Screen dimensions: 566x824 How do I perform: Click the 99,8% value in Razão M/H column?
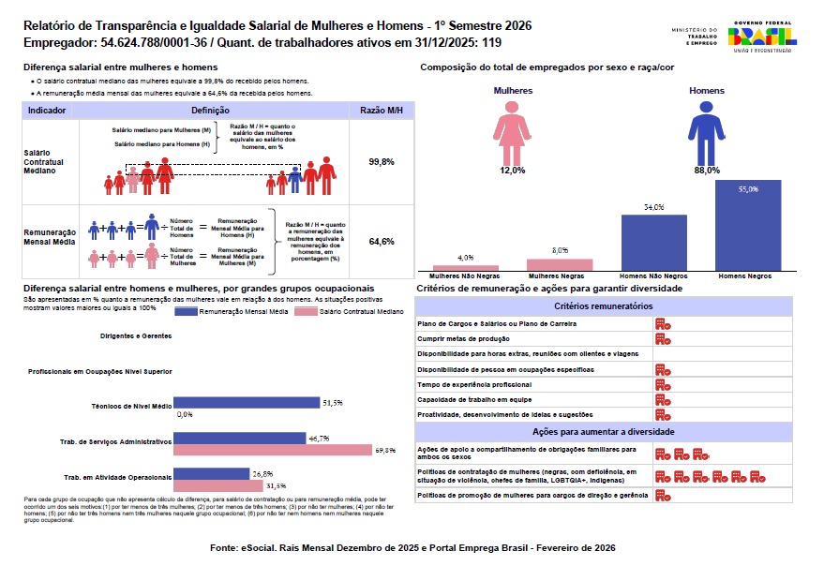(381, 162)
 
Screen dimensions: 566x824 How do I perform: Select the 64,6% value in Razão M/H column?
(381, 242)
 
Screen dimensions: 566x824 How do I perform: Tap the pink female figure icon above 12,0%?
(513, 131)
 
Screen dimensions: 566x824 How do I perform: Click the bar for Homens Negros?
(748, 225)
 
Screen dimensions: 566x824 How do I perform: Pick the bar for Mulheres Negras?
(560, 264)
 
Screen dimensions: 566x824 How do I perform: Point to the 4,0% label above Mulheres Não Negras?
(465, 257)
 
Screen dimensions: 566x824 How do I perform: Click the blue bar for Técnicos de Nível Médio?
(247, 403)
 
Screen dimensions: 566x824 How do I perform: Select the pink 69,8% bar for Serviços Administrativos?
(273, 451)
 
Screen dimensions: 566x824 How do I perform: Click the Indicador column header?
(47, 111)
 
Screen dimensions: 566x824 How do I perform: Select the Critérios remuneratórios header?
(603, 306)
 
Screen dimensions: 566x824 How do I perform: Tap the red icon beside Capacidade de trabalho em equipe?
(662, 399)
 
